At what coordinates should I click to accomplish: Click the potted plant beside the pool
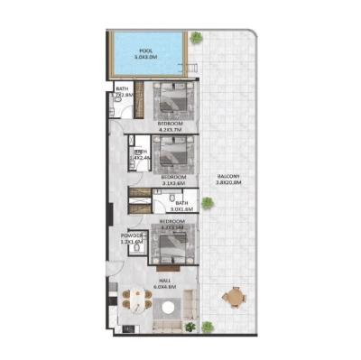coord(195,38)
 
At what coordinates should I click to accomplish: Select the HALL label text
coord(164,281)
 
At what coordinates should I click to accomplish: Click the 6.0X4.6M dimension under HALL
coord(164,288)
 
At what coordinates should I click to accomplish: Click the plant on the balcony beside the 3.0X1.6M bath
coord(207,204)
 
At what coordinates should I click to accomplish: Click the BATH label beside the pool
coord(119,87)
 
